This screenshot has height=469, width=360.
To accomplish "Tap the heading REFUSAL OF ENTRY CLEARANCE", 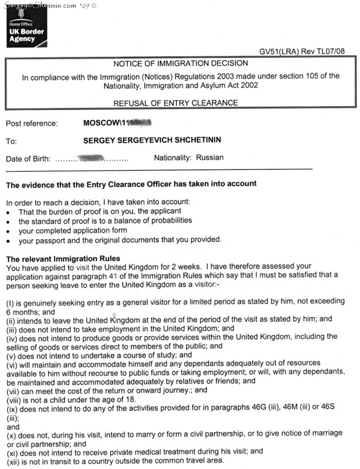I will [x=175, y=103].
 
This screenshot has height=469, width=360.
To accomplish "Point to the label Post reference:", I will [x=32, y=124].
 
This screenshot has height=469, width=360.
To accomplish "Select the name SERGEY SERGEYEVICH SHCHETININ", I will [x=158, y=141].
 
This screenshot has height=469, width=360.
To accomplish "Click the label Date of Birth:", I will [x=29, y=159].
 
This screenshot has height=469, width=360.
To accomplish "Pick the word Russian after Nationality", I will [x=209, y=158].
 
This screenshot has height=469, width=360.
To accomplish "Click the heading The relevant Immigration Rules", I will [x=63, y=259].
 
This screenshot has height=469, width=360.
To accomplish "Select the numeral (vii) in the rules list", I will [x=14, y=390].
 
